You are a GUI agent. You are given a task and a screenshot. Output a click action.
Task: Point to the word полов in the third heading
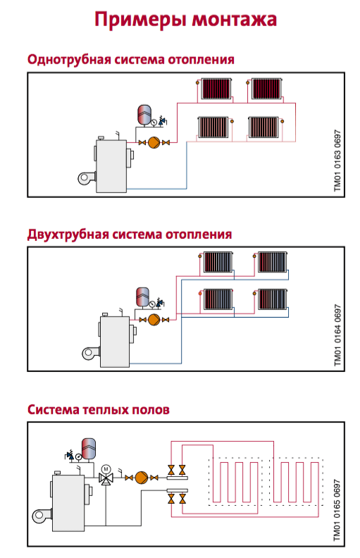tap(149, 409)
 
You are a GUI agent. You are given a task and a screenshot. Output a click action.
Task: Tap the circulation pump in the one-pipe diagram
tap(152, 143)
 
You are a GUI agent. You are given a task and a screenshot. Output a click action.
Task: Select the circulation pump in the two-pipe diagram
tap(153, 319)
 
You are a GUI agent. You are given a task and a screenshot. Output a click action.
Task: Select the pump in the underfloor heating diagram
tap(142, 477)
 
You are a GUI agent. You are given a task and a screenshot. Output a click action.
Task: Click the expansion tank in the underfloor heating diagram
tap(90, 447)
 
